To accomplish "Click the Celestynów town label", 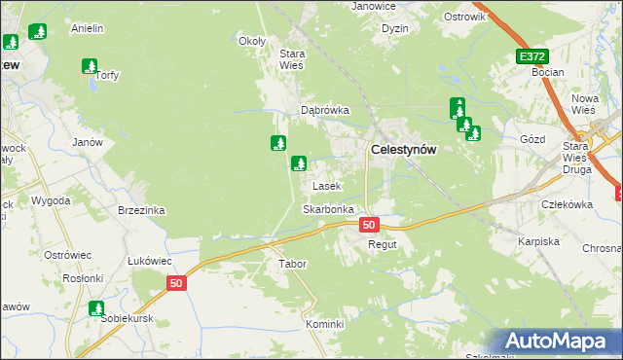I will tap(403, 150).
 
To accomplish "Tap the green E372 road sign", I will tap(531, 57).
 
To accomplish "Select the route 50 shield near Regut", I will tap(368, 225).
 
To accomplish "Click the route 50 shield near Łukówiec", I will tap(175, 283).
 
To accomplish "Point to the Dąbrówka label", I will tap(324, 111).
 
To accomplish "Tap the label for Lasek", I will tap(325, 185).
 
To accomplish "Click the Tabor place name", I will tap(292, 264).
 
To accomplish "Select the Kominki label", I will tap(325, 324).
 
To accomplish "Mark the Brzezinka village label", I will tap(141, 210).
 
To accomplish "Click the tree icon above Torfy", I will tap(90, 66).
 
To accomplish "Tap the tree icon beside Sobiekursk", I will tap(96, 309).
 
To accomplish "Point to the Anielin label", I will tap(88, 29).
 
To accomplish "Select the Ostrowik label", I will tap(463, 18).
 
